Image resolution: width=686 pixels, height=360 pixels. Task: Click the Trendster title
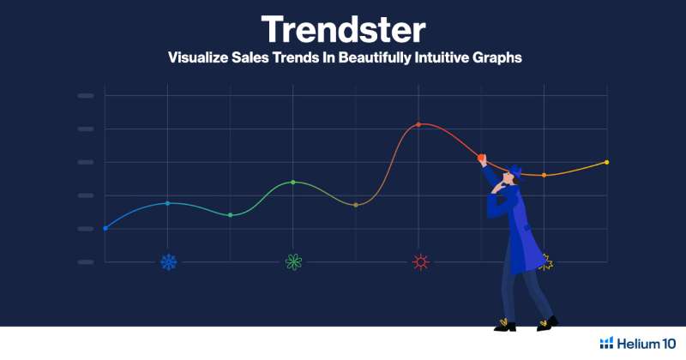pos(343,29)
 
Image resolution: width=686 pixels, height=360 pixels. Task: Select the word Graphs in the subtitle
pos(496,57)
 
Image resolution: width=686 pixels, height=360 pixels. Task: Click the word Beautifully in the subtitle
pos(375,57)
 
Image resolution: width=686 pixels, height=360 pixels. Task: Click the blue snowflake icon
pos(168,262)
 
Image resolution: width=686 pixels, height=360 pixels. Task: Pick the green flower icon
pos(293,262)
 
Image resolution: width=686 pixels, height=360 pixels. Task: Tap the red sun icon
pos(421,262)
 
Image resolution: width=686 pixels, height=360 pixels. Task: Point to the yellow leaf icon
pos(546,262)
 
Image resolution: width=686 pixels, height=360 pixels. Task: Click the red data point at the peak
pos(418,124)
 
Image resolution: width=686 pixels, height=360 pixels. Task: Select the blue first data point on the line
pos(105,228)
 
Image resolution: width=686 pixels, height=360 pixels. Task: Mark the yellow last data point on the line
pos(607,162)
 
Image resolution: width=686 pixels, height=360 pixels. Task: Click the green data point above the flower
pos(293,182)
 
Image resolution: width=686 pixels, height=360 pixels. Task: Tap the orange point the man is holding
pos(481,158)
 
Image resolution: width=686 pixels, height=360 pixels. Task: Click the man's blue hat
pos(515,171)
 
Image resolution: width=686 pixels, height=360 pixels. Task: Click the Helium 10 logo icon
pos(606,343)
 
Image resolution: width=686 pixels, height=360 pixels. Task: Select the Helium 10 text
pos(647,344)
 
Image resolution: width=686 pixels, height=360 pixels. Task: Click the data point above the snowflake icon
pos(167,203)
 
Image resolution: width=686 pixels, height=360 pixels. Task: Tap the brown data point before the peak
pos(356,205)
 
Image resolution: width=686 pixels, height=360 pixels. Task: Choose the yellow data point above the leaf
pos(545,176)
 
